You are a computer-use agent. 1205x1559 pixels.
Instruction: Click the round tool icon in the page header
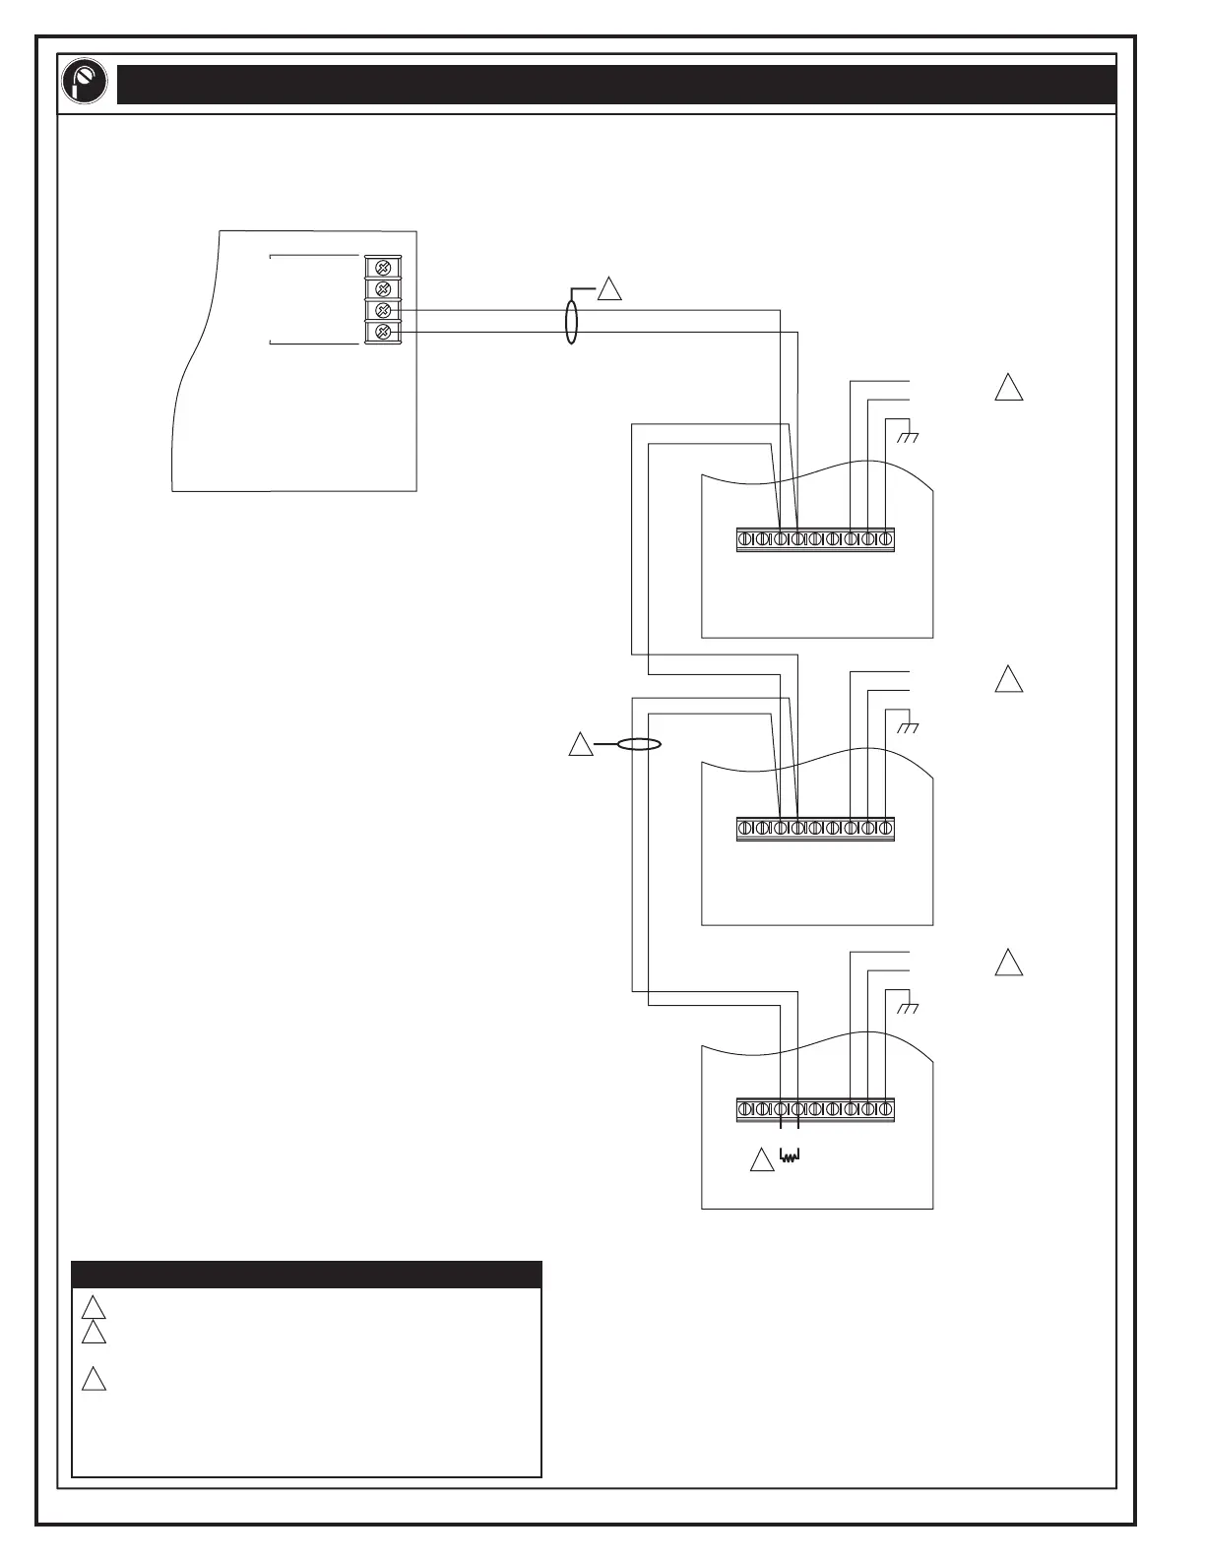[x=85, y=84]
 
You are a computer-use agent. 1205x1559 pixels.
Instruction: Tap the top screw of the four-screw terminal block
[x=384, y=267]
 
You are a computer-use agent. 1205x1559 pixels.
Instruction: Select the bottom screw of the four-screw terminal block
[x=384, y=333]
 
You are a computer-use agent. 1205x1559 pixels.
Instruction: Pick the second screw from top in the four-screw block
[x=384, y=288]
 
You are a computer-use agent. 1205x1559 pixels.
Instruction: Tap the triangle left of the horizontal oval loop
[x=581, y=745]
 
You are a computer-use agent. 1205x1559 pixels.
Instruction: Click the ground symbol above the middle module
[x=907, y=726]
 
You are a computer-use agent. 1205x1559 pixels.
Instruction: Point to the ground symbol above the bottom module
[x=907, y=1008]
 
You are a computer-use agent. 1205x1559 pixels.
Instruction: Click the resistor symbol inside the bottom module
[x=790, y=1155]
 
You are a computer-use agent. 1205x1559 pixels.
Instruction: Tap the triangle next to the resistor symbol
[x=762, y=1160]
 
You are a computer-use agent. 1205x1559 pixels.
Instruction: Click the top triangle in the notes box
[x=94, y=1308]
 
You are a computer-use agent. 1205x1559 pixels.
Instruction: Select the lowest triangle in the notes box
[x=94, y=1379]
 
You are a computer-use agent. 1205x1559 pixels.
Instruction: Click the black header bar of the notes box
[x=306, y=1275]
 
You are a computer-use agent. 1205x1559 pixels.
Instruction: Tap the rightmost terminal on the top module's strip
[x=885, y=539]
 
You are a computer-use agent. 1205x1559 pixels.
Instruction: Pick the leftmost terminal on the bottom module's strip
[x=745, y=1109]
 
